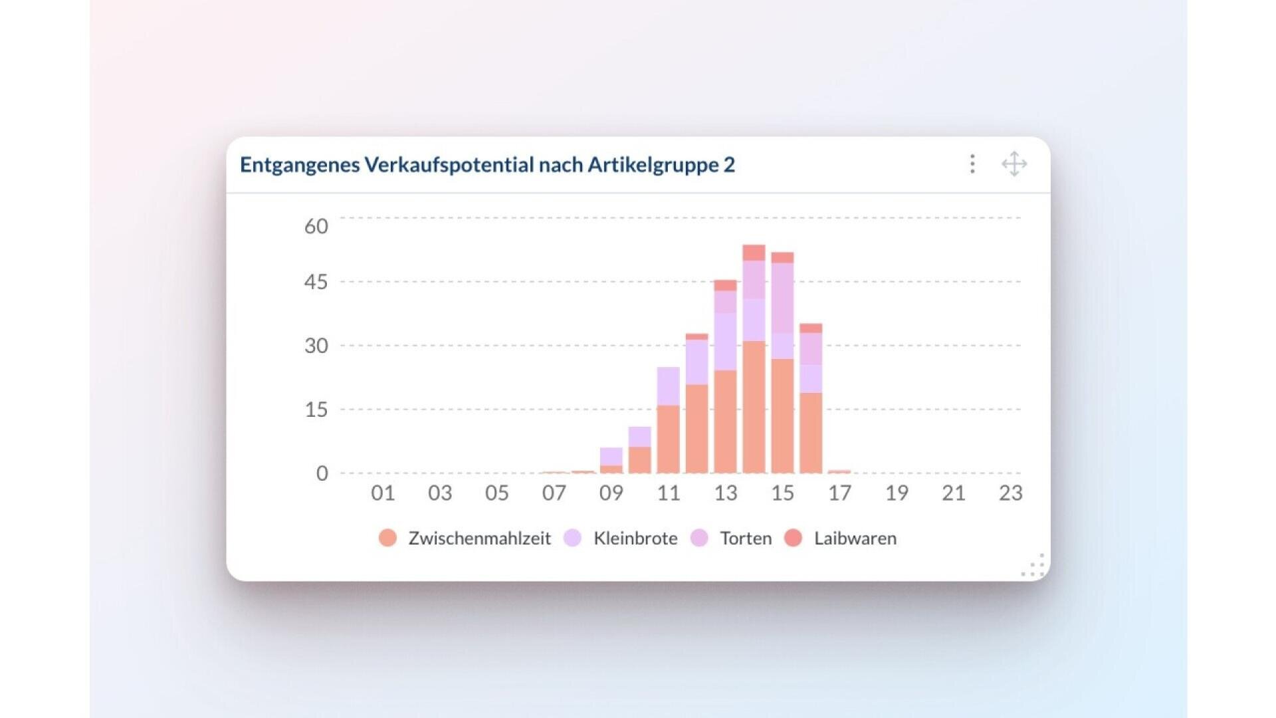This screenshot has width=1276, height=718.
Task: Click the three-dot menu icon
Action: coord(972,164)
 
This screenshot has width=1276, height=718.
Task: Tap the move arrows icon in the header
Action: coord(1014,164)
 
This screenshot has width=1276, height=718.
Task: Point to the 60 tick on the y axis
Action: coord(316,226)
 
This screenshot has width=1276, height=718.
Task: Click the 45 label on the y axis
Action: coord(316,282)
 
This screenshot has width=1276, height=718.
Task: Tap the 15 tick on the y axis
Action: coord(316,410)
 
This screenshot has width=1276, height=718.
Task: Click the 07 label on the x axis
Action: coord(554,493)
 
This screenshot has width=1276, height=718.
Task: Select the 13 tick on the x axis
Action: coord(725,493)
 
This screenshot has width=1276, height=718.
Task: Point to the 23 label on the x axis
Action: coord(1010,493)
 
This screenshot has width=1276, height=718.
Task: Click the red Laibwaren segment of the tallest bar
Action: coord(754,253)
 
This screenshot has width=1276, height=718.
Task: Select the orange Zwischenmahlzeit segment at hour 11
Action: coord(668,439)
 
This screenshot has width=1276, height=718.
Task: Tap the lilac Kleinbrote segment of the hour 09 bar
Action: coord(611,456)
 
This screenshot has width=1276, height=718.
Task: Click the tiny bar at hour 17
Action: coord(839,471)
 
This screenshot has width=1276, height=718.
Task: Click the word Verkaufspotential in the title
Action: coord(449,164)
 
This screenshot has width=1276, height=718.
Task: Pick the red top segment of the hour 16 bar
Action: coord(811,328)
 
